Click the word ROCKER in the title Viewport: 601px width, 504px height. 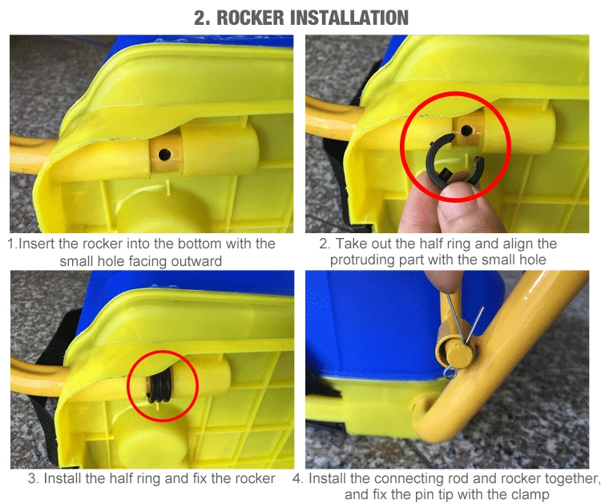[251, 18]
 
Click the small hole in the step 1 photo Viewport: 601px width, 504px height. [164, 155]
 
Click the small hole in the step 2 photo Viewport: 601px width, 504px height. [466, 131]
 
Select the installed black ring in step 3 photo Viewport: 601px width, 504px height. [159, 387]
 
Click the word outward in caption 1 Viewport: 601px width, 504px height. [196, 261]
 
